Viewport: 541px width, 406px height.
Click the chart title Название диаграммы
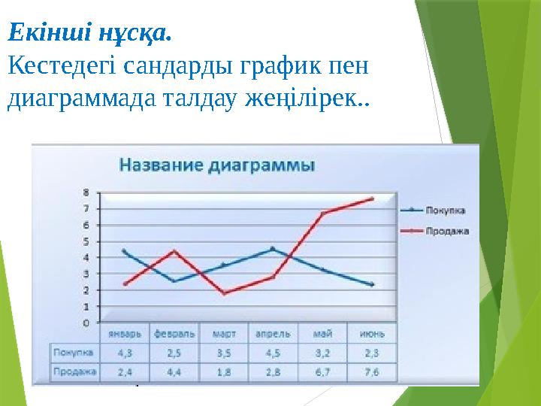pyautogui.click(x=218, y=165)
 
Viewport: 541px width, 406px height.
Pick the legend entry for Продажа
pyautogui.click(x=448, y=231)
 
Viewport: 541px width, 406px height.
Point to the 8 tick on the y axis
pyautogui.click(x=86, y=192)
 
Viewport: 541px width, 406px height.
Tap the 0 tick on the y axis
pyautogui.click(x=86, y=323)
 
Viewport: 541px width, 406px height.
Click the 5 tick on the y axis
pyautogui.click(x=86, y=241)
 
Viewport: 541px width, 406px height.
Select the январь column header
pyautogui.click(x=125, y=333)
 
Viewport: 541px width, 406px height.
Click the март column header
pyautogui.click(x=224, y=333)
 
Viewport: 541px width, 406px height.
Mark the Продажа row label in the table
pyautogui.click(x=74, y=370)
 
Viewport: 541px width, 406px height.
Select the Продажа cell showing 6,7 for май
pyautogui.click(x=323, y=370)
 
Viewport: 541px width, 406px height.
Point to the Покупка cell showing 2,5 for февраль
pyautogui.click(x=174, y=351)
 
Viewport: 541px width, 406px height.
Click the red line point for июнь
pyautogui.click(x=372, y=198)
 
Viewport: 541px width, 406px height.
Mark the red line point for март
pyautogui.click(x=224, y=293)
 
